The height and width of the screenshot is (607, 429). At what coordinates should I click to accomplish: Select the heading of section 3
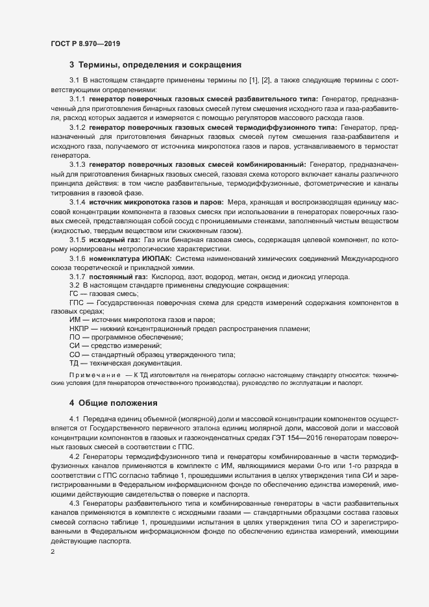click(x=156, y=65)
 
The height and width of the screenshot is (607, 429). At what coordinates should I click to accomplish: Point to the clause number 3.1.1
click(x=78, y=98)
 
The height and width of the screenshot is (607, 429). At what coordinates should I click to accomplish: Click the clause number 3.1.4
click(x=78, y=204)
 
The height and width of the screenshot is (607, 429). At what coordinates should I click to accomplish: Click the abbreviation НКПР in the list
click(x=78, y=329)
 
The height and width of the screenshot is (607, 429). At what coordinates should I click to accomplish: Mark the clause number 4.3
click(x=74, y=504)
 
